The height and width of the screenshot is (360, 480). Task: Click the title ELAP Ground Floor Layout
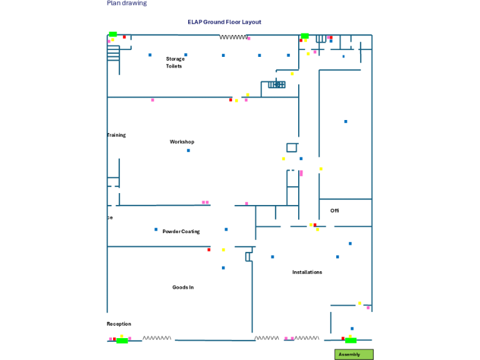[224, 22]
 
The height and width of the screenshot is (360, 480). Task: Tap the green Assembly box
[354, 354]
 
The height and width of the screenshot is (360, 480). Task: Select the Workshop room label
[182, 142]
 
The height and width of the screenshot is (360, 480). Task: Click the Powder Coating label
[181, 231]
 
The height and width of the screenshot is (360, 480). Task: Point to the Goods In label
[183, 287]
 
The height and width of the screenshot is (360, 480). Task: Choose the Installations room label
[307, 272]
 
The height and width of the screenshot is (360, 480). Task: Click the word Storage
[175, 59]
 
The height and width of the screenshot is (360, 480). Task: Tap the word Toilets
[174, 66]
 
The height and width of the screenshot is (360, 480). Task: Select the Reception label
[119, 324]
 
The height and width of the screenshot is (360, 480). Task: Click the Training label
[116, 135]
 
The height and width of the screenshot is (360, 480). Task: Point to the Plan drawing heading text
[127, 3]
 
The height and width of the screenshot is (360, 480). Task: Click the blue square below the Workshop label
[188, 151]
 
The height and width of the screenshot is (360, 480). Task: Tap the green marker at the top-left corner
[112, 34]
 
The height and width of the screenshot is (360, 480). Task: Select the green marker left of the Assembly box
[351, 340]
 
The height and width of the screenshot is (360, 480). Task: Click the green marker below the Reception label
[122, 341]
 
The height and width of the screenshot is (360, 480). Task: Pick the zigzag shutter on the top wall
[233, 37]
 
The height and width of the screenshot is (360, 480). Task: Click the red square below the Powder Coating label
[209, 250]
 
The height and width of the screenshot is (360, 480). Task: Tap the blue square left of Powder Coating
[156, 229]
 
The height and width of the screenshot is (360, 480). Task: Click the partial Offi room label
[334, 211]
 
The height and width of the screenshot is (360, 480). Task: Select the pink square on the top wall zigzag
[249, 39]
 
